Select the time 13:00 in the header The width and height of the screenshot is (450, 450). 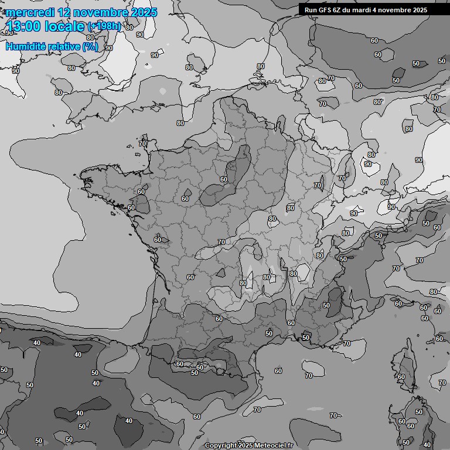pos(23,26)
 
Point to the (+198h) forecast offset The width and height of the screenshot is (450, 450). pos(104,26)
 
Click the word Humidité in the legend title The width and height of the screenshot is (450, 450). pos(25,46)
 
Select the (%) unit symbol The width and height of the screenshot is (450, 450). pos(90,46)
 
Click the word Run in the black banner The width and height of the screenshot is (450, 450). pos(311,10)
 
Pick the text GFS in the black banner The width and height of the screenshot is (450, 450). pos(326,10)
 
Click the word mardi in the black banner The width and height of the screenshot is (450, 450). pos(367,10)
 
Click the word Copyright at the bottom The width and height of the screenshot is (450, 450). pos(220,445)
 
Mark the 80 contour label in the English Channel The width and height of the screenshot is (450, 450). pos(180,122)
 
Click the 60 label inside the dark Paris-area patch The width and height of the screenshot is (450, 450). pos(223,179)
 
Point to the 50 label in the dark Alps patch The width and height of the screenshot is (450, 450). pos(326,305)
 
